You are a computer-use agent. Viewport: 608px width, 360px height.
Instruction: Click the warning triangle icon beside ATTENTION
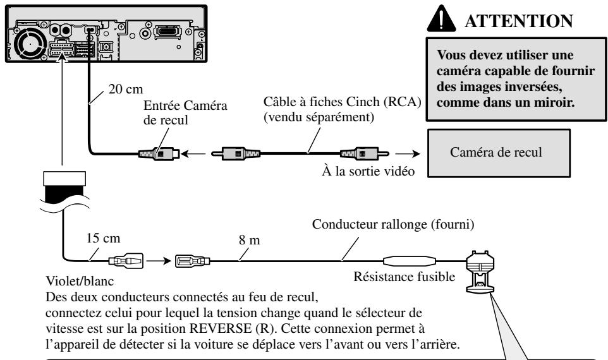(x=441, y=20)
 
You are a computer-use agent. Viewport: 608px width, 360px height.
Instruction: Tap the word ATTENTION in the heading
(x=519, y=21)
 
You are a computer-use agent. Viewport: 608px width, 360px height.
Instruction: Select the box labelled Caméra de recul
(x=499, y=153)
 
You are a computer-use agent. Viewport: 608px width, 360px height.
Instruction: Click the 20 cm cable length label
(x=126, y=89)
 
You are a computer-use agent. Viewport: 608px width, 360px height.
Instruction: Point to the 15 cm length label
(x=103, y=238)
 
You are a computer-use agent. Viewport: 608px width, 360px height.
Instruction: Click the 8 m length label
(x=249, y=240)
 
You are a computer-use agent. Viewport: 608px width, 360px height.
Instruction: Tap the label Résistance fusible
(x=404, y=277)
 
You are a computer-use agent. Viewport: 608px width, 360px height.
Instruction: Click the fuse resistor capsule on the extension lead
(x=409, y=261)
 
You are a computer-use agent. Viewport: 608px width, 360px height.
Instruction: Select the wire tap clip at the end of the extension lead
(x=480, y=271)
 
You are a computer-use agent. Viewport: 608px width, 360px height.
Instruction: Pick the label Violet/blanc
(x=80, y=281)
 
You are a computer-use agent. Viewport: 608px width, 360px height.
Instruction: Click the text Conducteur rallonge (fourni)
(x=392, y=224)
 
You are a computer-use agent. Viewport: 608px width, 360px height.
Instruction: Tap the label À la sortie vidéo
(x=368, y=171)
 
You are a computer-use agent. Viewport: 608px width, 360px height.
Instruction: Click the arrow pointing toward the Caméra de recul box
(x=410, y=154)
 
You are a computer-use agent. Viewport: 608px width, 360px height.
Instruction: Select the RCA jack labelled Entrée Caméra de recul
(x=159, y=154)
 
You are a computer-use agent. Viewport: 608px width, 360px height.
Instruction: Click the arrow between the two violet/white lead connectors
(x=159, y=261)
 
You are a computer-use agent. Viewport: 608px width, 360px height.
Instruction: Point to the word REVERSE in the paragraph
(x=220, y=328)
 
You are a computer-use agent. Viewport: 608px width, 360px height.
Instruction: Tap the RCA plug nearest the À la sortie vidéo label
(x=364, y=154)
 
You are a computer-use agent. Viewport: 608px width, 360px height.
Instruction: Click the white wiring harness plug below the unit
(x=64, y=179)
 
